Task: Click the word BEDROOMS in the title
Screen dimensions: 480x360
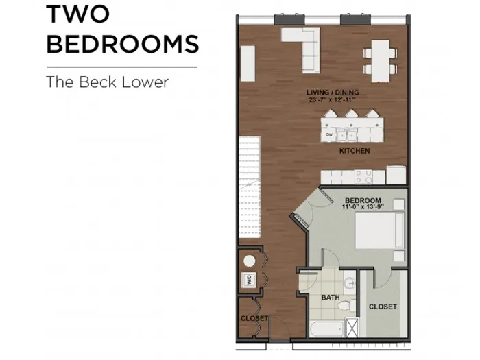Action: pos(123,43)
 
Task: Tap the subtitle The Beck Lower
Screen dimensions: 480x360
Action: pos(107,82)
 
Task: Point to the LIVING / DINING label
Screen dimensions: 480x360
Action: pos(333,92)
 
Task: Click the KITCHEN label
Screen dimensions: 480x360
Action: pos(355,151)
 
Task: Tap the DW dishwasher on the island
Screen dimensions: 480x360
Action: pos(328,134)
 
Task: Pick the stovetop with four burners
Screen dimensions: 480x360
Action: pos(363,177)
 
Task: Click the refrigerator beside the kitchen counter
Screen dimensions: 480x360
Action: pos(396,175)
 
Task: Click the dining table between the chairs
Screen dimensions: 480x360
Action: pos(381,61)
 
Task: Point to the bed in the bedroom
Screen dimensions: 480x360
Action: pos(380,230)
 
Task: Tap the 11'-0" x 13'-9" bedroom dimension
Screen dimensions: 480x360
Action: pos(363,207)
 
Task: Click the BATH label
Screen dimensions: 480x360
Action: pos(331,297)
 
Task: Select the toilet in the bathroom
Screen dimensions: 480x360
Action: pos(346,305)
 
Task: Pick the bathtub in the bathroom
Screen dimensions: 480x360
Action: pos(327,328)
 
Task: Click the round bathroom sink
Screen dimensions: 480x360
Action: pos(349,283)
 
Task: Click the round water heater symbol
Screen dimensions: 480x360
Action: pos(250,261)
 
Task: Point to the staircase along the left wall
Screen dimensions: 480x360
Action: pos(250,187)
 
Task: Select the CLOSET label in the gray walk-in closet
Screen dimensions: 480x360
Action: pos(383,307)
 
